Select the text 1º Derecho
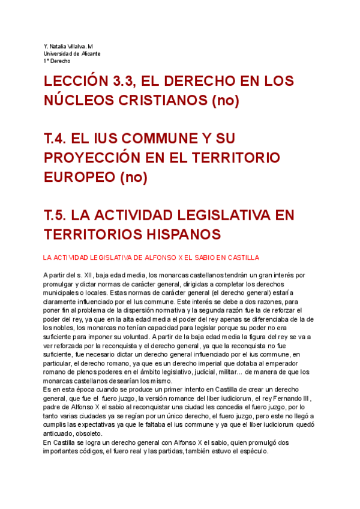coord(57,61)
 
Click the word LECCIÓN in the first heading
coord(76,82)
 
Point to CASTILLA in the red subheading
coord(227,258)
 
